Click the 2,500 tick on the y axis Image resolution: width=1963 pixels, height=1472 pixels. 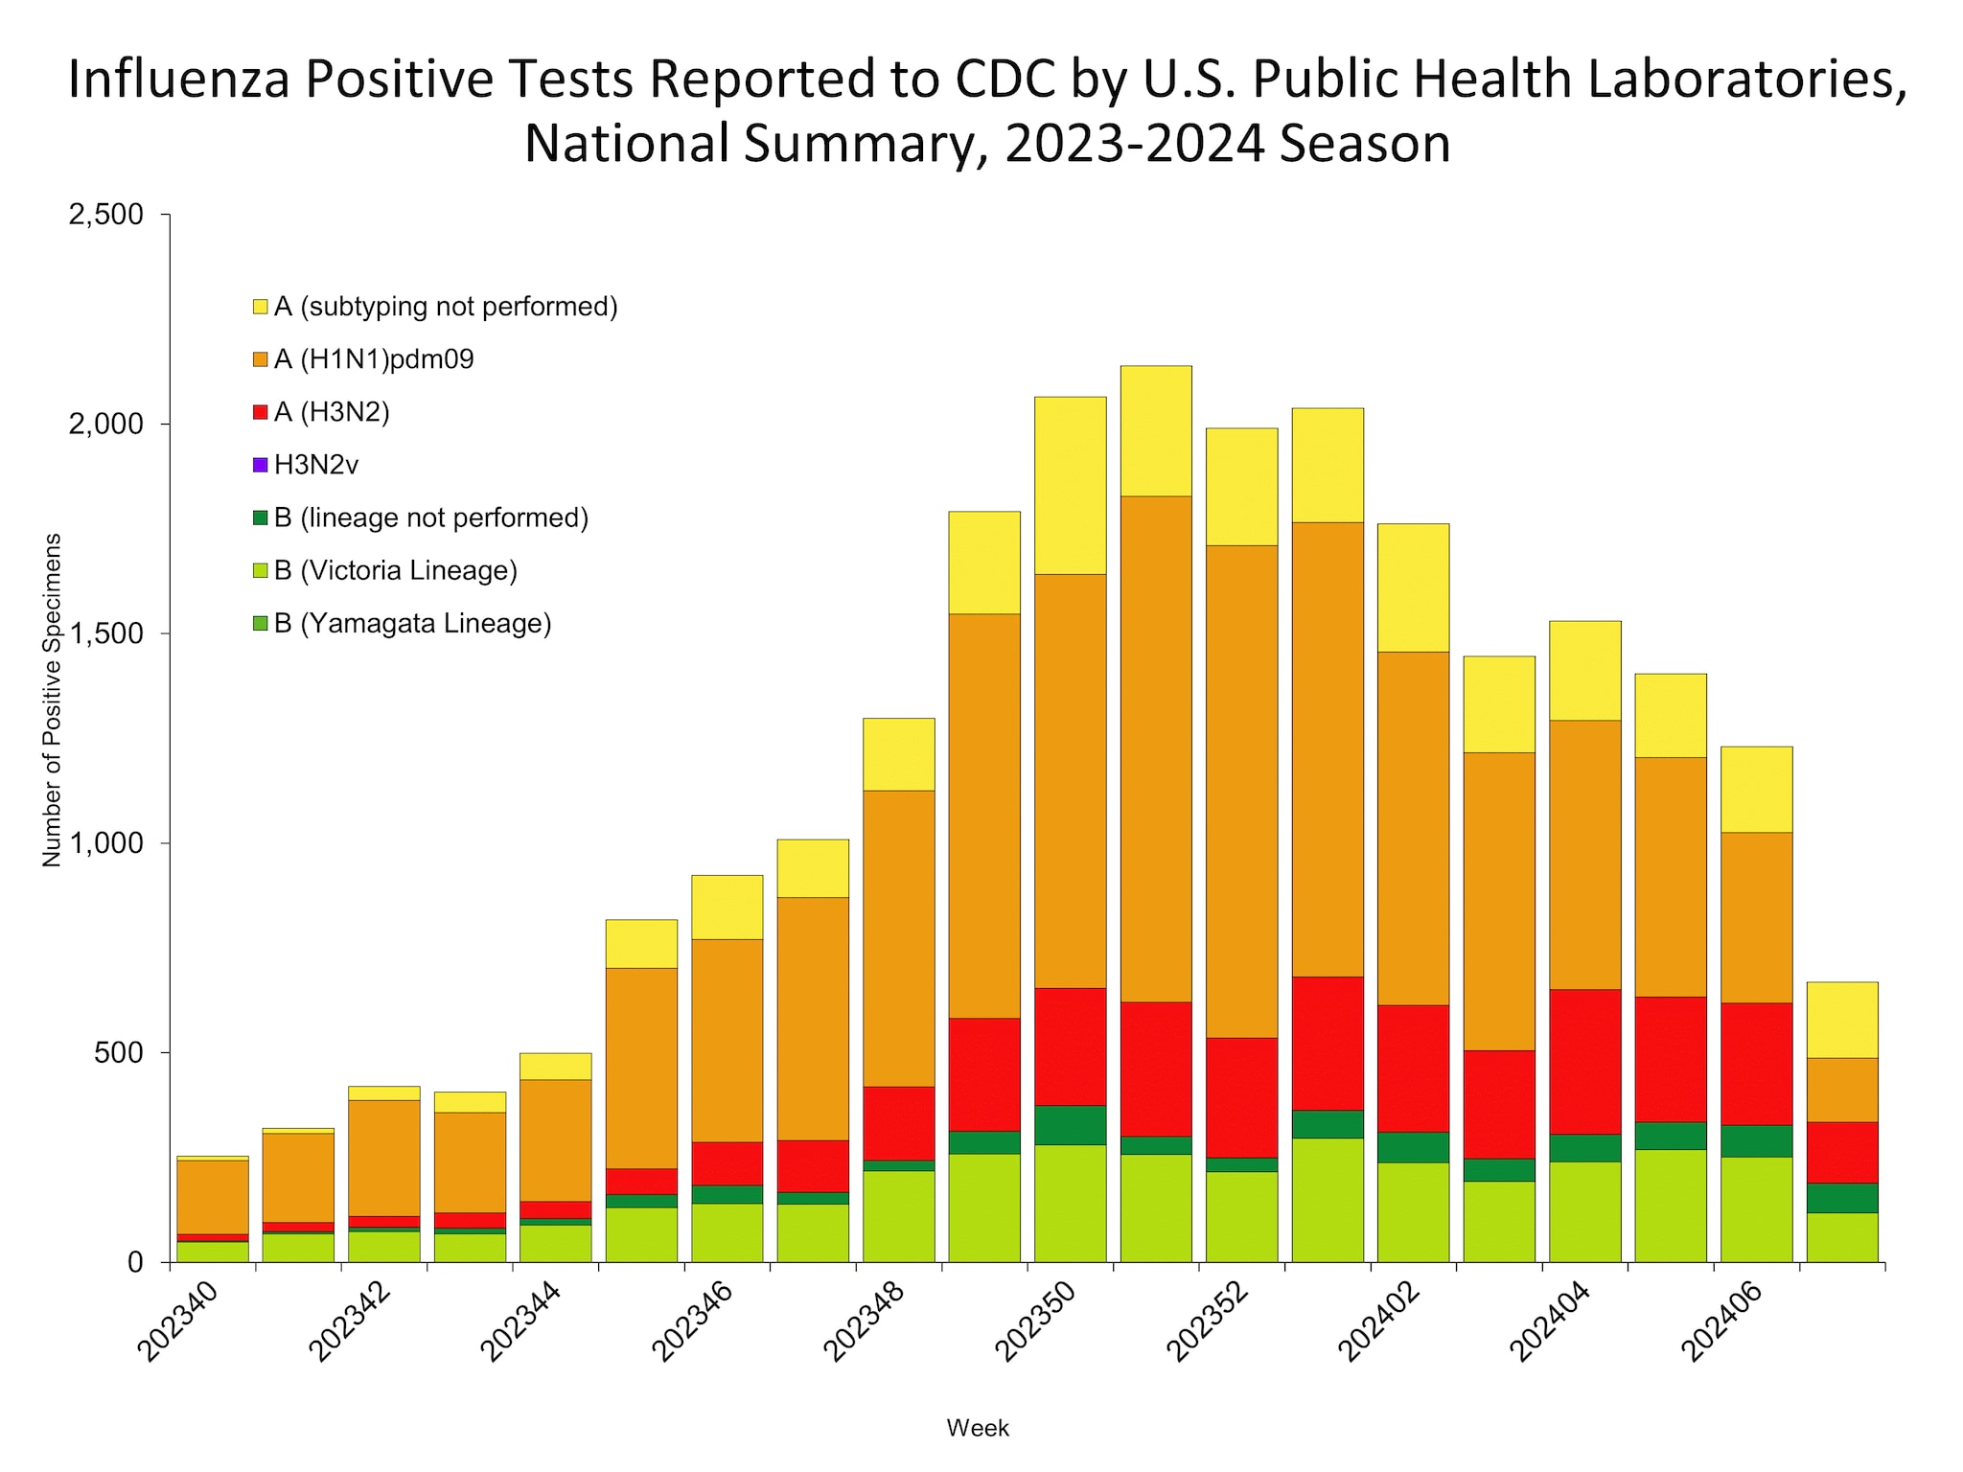[x=105, y=215]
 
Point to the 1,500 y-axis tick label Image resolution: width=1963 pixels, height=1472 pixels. [x=105, y=634]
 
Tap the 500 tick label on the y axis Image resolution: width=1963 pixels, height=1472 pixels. [x=119, y=1053]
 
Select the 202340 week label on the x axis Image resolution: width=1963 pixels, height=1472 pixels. [x=179, y=1322]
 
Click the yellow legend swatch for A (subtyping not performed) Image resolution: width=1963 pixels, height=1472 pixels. [x=260, y=308]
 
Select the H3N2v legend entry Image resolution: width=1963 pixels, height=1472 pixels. [x=315, y=466]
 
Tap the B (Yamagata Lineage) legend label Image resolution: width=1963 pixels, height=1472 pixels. [x=412, y=624]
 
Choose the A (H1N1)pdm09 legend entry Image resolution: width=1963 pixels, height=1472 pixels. [x=374, y=360]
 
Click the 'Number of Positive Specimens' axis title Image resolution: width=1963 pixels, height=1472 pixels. [x=52, y=700]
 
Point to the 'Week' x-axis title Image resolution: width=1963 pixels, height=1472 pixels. [x=978, y=1428]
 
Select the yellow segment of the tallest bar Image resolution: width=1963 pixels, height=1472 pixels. [x=1156, y=431]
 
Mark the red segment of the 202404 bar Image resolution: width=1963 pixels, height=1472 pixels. [x=1584, y=1061]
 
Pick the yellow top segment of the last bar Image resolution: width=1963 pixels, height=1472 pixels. [x=1842, y=1020]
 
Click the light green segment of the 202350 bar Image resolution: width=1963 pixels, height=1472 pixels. [x=1070, y=1203]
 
